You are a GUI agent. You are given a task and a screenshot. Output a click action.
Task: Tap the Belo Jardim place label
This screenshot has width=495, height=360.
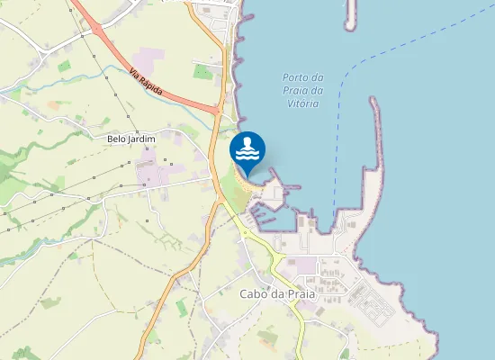[x=131, y=139]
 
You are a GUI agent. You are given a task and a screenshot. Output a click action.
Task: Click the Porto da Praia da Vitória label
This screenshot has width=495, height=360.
[x=301, y=91]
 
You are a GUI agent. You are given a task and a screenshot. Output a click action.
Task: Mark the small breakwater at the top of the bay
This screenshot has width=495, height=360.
[x=350, y=13]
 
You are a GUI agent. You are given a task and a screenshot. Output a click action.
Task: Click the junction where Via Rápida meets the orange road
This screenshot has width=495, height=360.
[x=218, y=110]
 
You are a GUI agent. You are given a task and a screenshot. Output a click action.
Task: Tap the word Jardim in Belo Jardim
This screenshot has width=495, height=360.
[x=142, y=139]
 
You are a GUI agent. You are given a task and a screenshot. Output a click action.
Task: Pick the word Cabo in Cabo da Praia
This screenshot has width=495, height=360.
[x=252, y=293]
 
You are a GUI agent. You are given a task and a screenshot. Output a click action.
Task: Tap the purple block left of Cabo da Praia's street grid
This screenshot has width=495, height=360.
[x=307, y=265]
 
